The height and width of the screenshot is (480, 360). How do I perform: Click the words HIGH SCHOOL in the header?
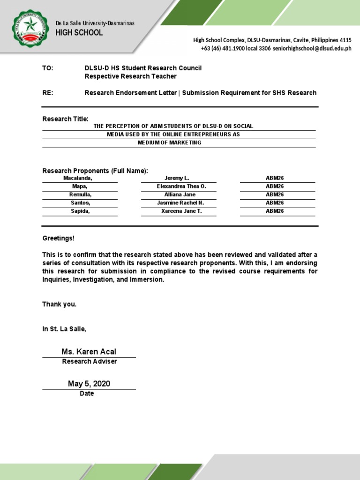(x=79, y=33)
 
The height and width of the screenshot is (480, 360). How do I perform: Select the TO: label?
(x=48, y=68)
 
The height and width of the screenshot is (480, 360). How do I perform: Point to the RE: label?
(x=48, y=93)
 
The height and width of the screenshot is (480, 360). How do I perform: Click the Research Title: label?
(x=65, y=119)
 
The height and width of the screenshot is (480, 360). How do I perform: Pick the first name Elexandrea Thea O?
(x=181, y=187)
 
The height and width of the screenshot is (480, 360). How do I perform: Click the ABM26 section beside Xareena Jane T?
(x=275, y=211)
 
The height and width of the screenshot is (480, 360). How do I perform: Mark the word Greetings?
(x=58, y=238)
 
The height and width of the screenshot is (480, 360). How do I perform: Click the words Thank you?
(x=59, y=304)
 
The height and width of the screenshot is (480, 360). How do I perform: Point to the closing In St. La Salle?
(x=64, y=329)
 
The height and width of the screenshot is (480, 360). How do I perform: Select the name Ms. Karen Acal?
(x=89, y=352)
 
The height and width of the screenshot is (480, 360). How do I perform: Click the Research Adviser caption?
(x=89, y=361)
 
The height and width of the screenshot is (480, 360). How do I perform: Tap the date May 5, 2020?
(x=89, y=384)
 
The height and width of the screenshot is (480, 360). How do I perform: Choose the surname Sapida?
(x=80, y=211)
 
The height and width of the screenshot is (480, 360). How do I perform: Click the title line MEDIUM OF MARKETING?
(x=169, y=142)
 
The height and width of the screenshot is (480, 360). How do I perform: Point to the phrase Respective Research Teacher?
(x=130, y=76)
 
